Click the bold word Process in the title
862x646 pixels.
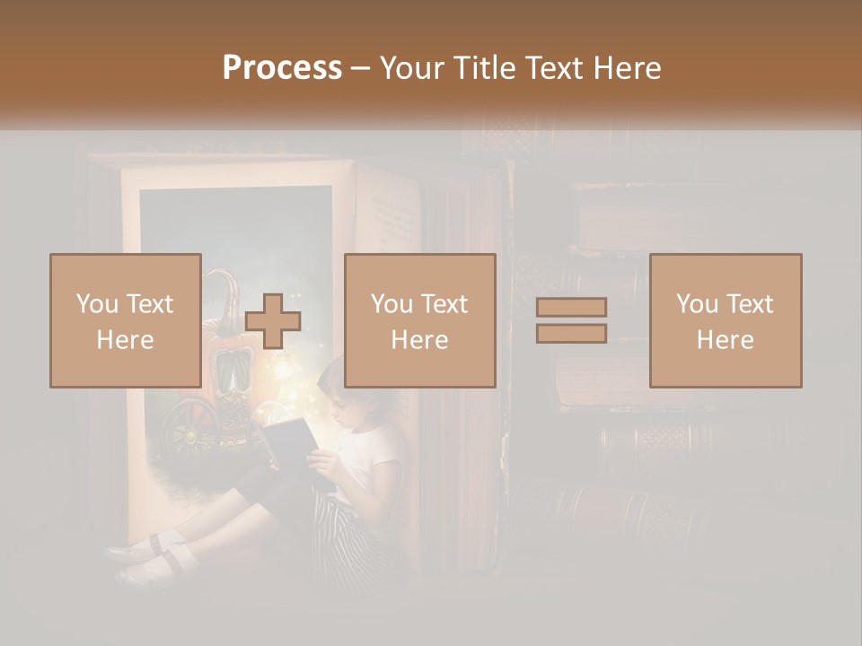(282, 68)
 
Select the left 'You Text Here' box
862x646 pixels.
(125, 320)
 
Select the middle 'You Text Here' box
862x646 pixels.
(419, 320)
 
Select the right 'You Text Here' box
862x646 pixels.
(725, 320)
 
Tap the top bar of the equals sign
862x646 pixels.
(571, 308)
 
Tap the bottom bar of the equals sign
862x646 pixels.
(571, 333)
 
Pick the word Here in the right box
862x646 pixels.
(725, 339)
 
